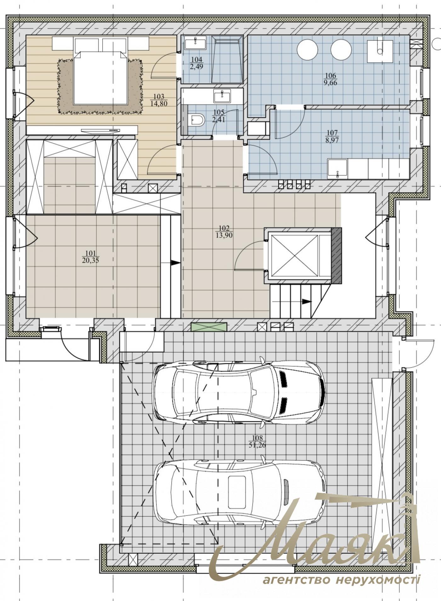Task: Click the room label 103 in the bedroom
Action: (159, 97)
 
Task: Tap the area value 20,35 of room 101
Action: (90, 260)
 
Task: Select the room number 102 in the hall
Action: (224, 228)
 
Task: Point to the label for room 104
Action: (197, 60)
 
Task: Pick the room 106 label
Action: (330, 75)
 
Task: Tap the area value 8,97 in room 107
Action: (332, 140)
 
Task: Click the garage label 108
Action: (257, 438)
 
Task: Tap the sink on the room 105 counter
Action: (222, 96)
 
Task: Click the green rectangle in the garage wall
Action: (209, 327)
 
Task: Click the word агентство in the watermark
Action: (296, 579)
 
